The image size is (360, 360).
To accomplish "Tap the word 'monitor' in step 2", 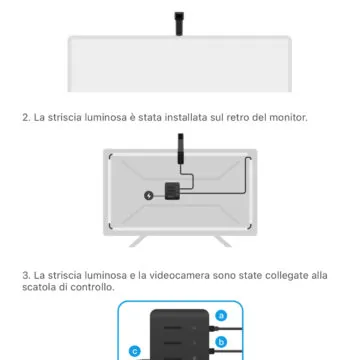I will click(284, 118).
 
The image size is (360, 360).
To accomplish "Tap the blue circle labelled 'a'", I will click(221, 315).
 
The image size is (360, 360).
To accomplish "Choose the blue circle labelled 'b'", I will click(221, 340).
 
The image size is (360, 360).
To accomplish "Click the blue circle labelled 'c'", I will click(134, 351).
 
